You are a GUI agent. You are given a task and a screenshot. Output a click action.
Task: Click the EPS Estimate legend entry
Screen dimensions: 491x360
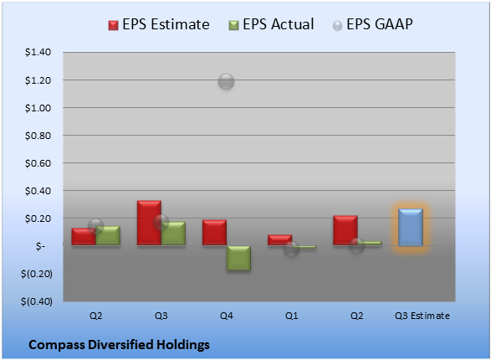pos(159,24)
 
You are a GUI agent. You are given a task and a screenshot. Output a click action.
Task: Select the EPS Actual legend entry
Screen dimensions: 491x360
pos(271,24)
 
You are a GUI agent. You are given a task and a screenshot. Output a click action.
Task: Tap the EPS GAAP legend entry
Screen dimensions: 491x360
pos(372,24)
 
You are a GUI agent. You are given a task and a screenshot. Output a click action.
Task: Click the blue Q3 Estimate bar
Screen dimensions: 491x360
pos(411,227)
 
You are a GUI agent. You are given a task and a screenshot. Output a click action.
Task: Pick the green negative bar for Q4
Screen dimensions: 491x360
pos(238,258)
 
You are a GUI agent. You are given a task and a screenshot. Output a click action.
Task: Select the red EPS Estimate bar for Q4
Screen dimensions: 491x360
pos(214,233)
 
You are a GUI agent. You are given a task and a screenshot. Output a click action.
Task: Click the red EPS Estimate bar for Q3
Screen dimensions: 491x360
pos(149,223)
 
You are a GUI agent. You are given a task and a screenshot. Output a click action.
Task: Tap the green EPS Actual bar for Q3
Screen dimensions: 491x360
pos(173,234)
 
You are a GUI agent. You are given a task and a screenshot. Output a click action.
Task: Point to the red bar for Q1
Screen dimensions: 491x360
pos(279,240)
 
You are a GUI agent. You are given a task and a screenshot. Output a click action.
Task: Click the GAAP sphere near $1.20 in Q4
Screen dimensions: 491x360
pos(226,82)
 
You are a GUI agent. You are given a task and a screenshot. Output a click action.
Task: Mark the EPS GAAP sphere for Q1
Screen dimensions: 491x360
pos(292,249)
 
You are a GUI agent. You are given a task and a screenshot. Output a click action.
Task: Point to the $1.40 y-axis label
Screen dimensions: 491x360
pos(38,52)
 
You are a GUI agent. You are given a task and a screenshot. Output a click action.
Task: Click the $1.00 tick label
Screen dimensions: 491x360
pos(38,108)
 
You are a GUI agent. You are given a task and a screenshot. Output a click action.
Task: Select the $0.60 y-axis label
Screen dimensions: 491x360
pos(38,163)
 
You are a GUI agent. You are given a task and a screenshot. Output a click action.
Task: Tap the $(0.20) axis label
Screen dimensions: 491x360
pos(37,274)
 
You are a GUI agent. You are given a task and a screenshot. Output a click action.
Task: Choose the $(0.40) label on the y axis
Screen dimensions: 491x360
pos(37,301)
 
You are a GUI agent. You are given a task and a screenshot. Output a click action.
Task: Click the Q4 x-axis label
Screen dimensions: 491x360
pos(227,316)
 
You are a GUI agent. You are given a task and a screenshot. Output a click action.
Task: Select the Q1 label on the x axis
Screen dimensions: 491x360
pos(292,316)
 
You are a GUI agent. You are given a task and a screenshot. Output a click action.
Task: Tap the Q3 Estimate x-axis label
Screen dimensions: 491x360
pos(422,316)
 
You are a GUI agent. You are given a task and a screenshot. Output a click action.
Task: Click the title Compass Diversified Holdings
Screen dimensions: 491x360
pos(119,345)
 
